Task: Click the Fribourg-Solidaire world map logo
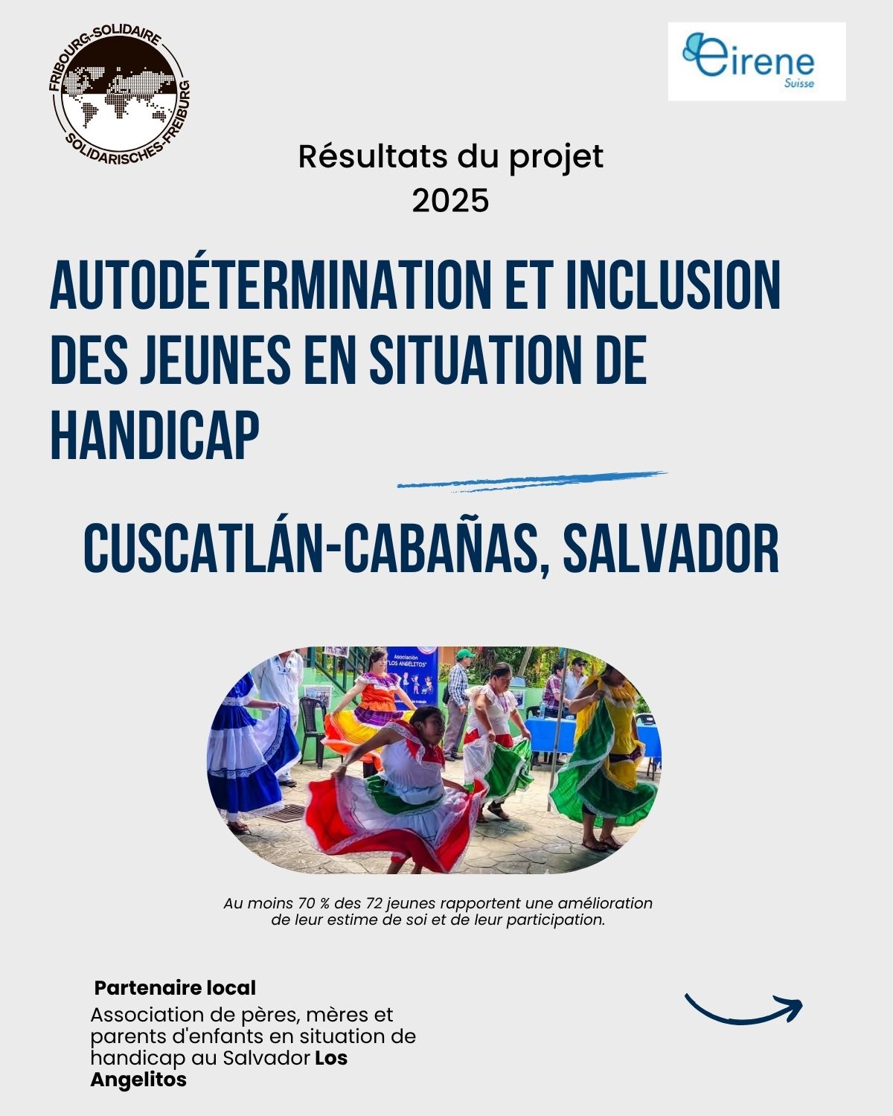tap(119, 95)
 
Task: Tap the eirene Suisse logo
tap(757, 61)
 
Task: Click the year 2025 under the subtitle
tap(450, 201)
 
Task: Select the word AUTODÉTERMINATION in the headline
tap(270, 285)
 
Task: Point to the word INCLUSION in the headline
tap(673, 285)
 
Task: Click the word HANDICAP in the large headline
tap(155, 434)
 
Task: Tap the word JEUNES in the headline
tap(215, 359)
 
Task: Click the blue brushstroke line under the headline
tap(532, 481)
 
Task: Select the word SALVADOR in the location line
tap(671, 548)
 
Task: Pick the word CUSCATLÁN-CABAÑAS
tap(310, 548)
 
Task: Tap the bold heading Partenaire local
tap(175, 988)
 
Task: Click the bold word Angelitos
tap(138, 1080)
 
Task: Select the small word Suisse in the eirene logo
tap(799, 83)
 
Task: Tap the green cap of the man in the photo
tap(465, 654)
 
